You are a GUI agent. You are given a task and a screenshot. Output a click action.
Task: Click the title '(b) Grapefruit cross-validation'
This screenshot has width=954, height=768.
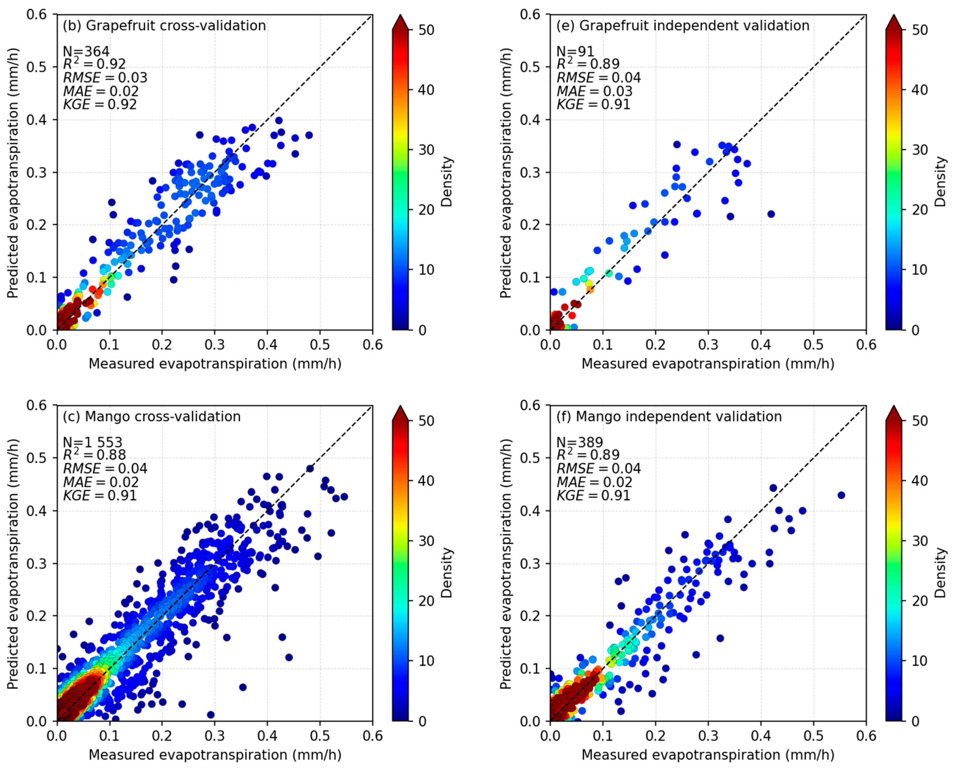(164, 26)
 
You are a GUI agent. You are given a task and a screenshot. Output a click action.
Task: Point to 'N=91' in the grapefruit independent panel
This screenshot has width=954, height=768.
(575, 52)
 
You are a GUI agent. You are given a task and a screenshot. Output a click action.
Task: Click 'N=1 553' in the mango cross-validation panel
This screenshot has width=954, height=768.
(92, 442)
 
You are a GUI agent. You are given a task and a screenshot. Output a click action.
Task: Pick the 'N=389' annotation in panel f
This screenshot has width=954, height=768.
(580, 442)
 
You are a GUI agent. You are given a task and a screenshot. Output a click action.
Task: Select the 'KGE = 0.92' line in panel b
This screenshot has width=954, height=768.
(100, 104)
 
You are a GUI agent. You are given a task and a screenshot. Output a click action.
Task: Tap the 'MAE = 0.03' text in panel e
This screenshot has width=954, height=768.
(594, 91)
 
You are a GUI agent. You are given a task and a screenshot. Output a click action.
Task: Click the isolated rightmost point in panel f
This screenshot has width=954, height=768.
(841, 495)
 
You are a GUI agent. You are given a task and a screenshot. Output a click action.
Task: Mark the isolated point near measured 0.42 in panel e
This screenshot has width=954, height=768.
(771, 214)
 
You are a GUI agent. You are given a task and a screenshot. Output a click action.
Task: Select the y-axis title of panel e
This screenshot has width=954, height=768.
(506, 172)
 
